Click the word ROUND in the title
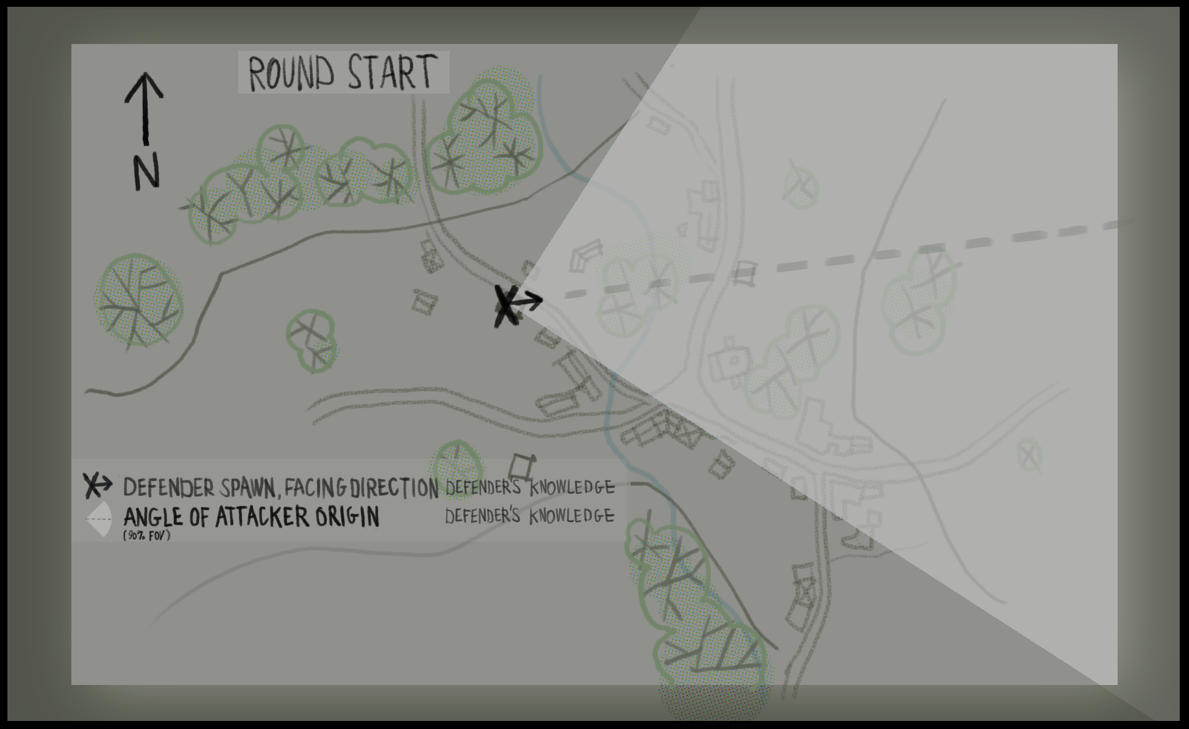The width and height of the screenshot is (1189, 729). (290, 74)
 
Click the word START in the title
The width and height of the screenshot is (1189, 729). (392, 73)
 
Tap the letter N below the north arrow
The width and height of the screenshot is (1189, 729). (146, 172)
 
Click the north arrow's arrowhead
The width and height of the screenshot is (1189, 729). (145, 84)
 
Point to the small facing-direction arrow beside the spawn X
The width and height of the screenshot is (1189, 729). (529, 301)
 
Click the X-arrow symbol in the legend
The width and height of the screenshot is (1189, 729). (98, 485)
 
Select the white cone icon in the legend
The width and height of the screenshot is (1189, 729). (99, 518)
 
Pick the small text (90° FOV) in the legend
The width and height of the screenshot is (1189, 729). (146, 535)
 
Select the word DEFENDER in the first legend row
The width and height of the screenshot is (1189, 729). (168, 488)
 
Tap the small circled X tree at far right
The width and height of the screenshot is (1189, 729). (1029, 454)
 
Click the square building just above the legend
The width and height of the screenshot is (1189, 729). (522, 466)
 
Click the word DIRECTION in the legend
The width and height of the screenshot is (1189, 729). (394, 488)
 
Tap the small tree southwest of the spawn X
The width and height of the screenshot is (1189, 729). (313, 340)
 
